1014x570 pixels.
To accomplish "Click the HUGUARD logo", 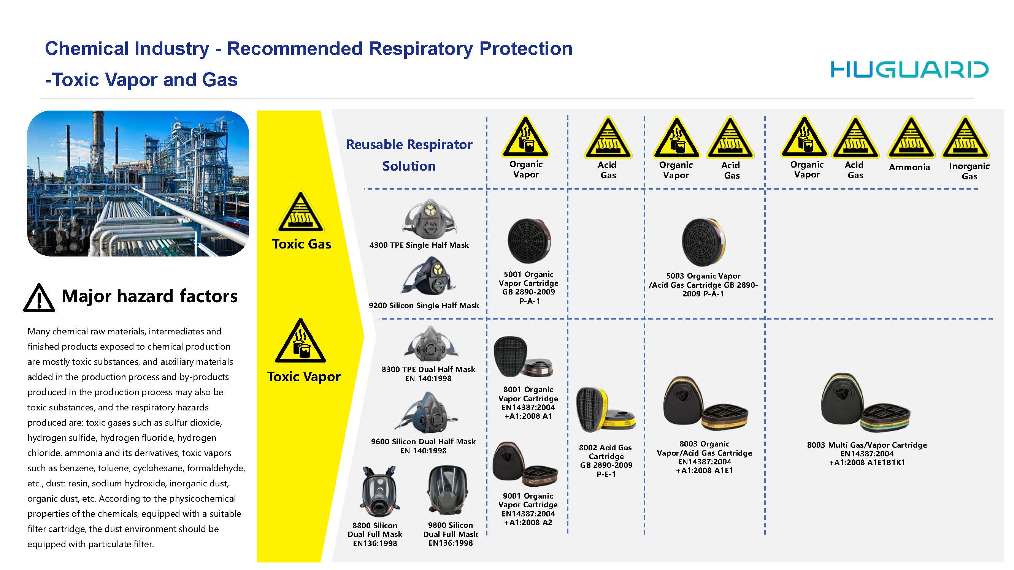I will pyautogui.click(x=909, y=70).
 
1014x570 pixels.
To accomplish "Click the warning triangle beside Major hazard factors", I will pyautogui.click(x=39, y=298).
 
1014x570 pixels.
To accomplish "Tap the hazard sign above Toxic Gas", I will pyautogui.click(x=301, y=212).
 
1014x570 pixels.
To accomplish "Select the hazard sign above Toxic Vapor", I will pyautogui.click(x=301, y=341).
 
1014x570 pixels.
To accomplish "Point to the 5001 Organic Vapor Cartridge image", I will pyautogui.click(x=529, y=241).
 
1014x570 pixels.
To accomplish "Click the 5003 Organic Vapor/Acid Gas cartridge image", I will pyautogui.click(x=704, y=242).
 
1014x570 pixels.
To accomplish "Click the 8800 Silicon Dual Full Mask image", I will pyautogui.click(x=379, y=492).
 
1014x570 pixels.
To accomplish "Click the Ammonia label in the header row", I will pyautogui.click(x=909, y=167).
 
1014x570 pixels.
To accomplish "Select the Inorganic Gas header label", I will pyautogui.click(x=969, y=171).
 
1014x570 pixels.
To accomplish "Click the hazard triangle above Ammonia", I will pyautogui.click(x=911, y=138).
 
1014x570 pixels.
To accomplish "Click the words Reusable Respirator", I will pyautogui.click(x=409, y=144).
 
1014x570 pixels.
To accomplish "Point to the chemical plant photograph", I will pyautogui.click(x=138, y=183).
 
